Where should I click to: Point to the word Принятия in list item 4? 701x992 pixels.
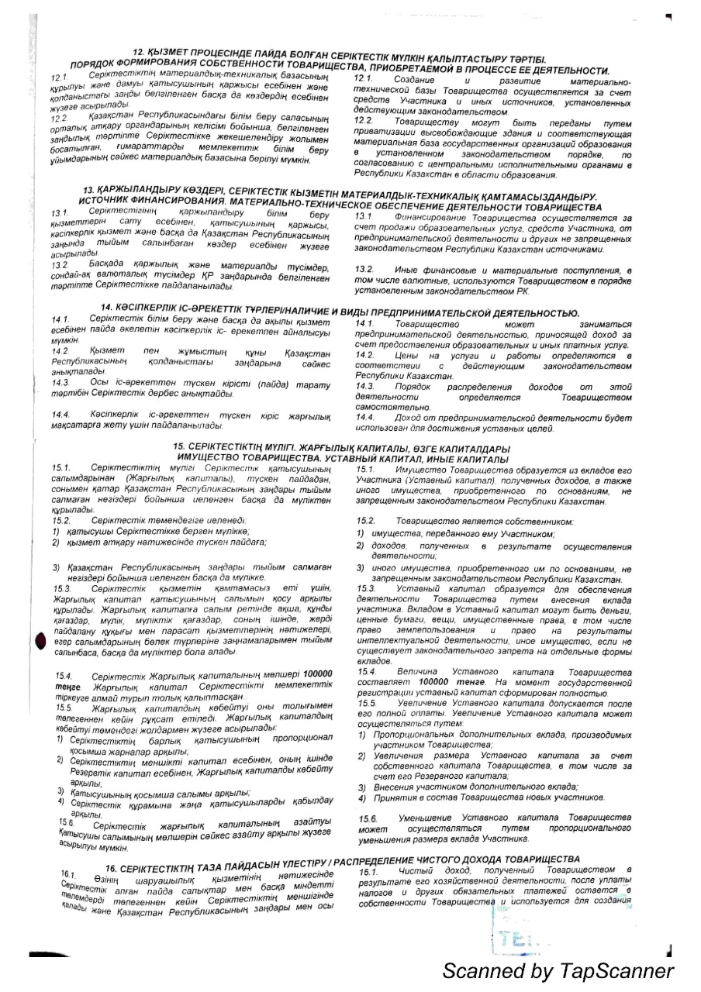click(x=397, y=797)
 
